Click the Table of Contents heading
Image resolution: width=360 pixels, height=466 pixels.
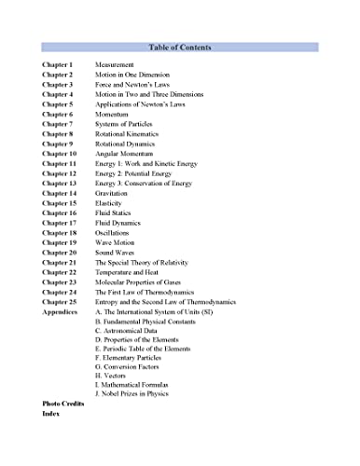point(180,47)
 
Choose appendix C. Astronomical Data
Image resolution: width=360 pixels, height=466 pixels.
point(132,332)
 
